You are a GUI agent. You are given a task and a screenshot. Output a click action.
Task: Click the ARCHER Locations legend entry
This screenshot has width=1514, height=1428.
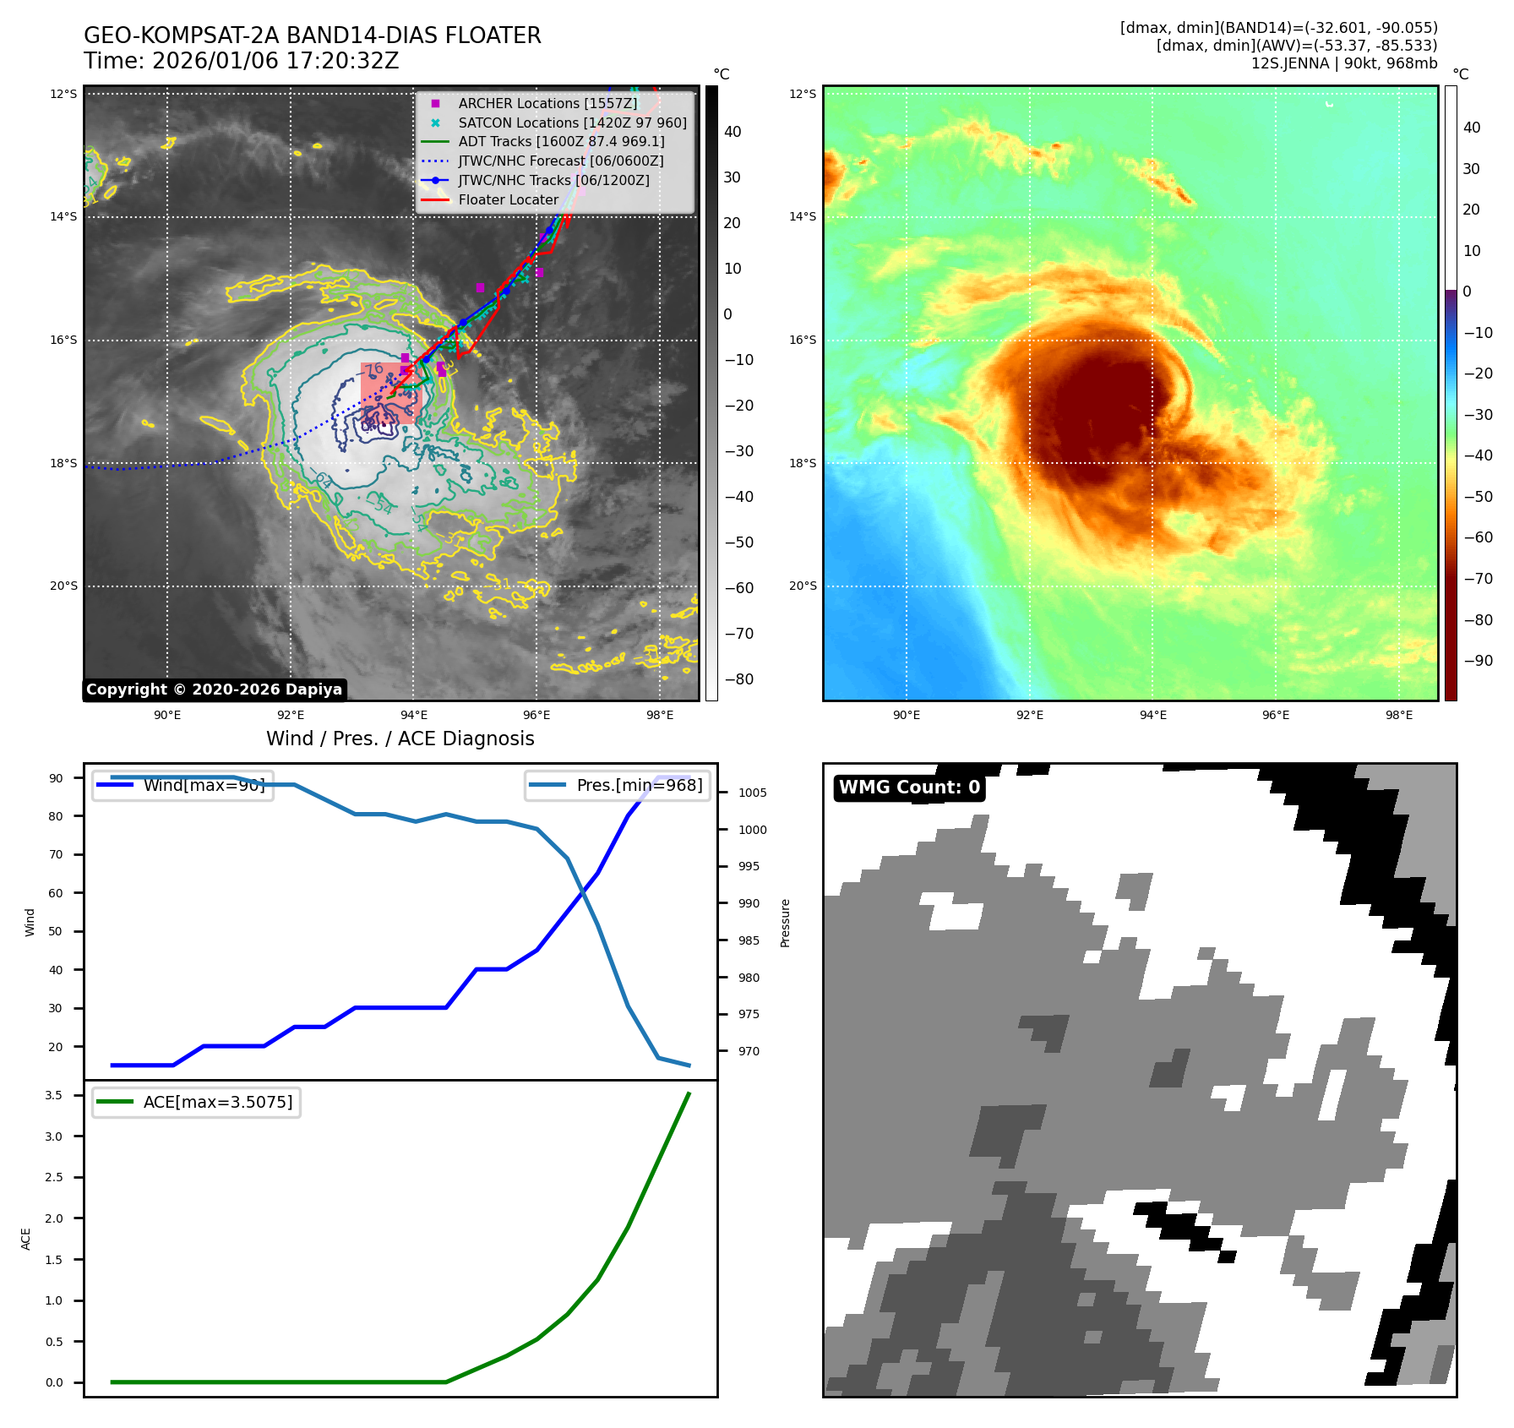pyautogui.click(x=547, y=103)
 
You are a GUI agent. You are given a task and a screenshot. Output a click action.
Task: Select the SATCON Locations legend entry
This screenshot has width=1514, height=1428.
pyautogui.click(x=572, y=123)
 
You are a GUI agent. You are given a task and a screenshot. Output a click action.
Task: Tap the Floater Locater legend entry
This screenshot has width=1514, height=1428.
pyautogui.click(x=508, y=199)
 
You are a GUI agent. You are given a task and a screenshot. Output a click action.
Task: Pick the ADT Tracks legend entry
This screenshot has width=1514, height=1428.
pyautogui.click(x=561, y=141)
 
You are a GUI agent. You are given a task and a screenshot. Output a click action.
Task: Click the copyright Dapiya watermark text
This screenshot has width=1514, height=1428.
pyautogui.click(x=214, y=689)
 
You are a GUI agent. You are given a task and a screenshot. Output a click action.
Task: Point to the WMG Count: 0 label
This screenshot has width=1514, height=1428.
pyautogui.click(x=909, y=788)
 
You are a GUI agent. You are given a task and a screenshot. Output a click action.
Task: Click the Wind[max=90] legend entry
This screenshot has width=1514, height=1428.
pyautogui.click(x=204, y=785)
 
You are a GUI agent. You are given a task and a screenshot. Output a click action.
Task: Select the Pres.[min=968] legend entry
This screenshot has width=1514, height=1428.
pyautogui.click(x=639, y=785)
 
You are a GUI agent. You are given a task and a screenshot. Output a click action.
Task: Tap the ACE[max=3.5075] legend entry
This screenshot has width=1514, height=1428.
pyautogui.click(x=218, y=1102)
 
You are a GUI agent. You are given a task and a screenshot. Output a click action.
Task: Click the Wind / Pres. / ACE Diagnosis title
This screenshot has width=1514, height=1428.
pyautogui.click(x=400, y=739)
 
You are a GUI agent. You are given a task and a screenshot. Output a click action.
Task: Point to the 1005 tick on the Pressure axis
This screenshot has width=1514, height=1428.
pyautogui.click(x=752, y=793)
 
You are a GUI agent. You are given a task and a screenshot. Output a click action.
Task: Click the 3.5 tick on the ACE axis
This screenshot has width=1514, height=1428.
pyautogui.click(x=54, y=1095)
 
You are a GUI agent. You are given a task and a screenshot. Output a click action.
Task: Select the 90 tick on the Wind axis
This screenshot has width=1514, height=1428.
pyautogui.click(x=56, y=778)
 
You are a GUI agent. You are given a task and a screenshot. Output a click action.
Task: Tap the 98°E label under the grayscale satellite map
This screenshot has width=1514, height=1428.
pyautogui.click(x=659, y=715)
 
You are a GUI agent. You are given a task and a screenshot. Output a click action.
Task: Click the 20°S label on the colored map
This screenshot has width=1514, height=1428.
pyautogui.click(x=803, y=586)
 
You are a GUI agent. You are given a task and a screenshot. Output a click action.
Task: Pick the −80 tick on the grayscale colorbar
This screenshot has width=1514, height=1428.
pyautogui.click(x=738, y=679)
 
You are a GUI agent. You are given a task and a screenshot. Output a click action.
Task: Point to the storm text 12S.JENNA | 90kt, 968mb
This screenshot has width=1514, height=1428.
pyautogui.click(x=1343, y=63)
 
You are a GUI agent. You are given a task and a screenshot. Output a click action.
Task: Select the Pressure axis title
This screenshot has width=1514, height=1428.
pyautogui.click(x=785, y=923)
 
